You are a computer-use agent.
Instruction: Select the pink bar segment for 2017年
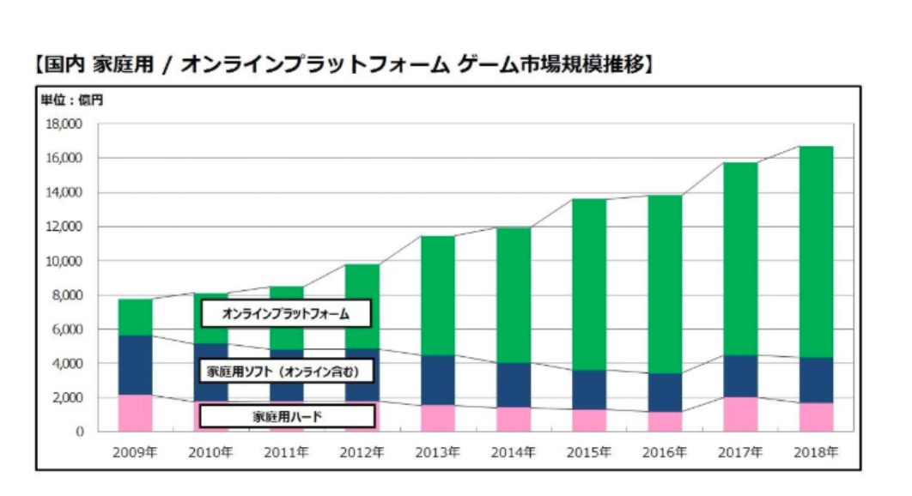point(740,414)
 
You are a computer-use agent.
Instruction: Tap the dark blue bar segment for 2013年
point(438,380)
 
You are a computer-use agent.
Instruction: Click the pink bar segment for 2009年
point(135,413)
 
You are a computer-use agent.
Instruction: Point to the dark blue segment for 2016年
point(664,392)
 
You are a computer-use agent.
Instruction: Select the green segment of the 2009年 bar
point(135,317)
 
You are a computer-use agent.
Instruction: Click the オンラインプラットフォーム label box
point(286,314)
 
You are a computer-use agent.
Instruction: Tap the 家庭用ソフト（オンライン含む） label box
point(287,372)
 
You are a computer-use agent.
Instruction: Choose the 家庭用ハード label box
point(287,416)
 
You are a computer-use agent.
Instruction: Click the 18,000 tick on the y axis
point(64,124)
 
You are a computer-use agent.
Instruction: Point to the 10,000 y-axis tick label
point(64,261)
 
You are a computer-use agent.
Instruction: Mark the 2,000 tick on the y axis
point(67,398)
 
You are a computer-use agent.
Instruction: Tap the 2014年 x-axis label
point(513,451)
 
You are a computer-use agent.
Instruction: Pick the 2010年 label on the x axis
point(210,451)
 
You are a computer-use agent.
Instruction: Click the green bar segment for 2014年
point(513,294)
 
